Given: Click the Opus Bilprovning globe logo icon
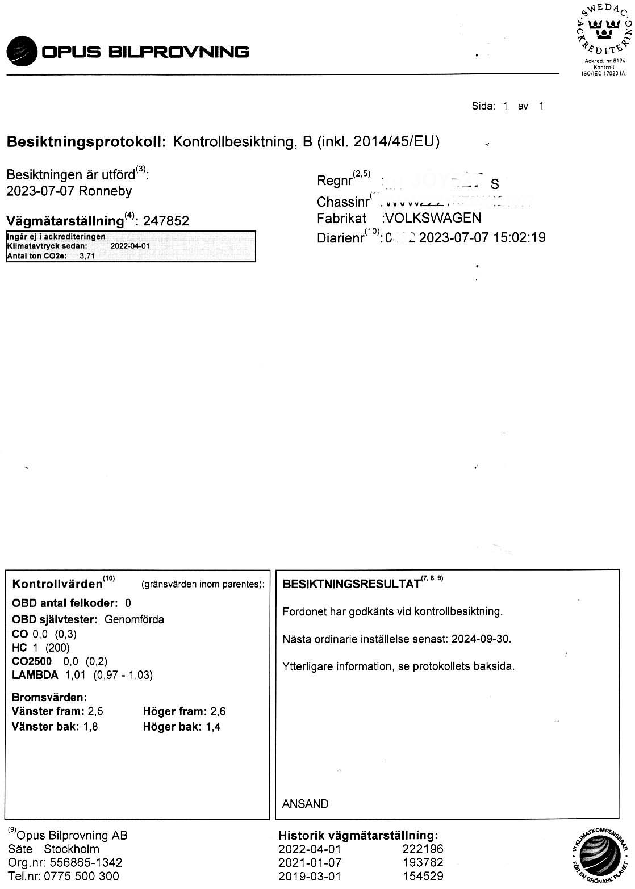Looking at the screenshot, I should point(21,52).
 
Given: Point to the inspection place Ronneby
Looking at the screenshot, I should point(106,191).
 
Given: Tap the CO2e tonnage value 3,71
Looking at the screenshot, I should point(87,256).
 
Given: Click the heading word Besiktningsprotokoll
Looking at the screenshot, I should point(85,142).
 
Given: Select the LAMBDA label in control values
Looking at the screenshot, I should point(35,675).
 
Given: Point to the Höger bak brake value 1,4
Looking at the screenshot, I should point(213,727).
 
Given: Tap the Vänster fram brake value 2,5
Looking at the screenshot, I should point(95,711).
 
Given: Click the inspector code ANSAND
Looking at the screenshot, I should point(305,804).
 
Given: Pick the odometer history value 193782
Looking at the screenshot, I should point(422,862).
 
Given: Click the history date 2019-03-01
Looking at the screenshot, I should point(310,876).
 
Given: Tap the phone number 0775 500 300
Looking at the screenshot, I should point(83,876).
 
